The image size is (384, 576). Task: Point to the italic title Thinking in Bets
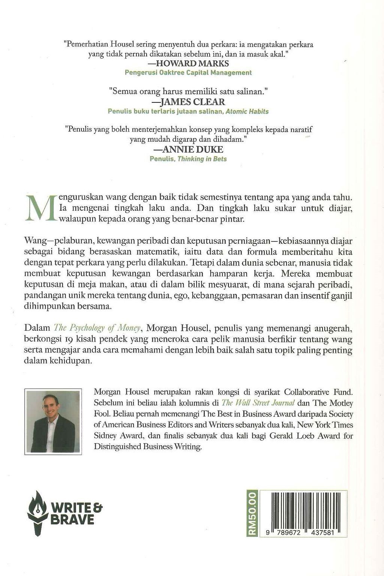[x=202, y=159]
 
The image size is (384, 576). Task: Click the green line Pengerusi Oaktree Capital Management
[x=188, y=73]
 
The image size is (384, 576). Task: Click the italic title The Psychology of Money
[x=97, y=328]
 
